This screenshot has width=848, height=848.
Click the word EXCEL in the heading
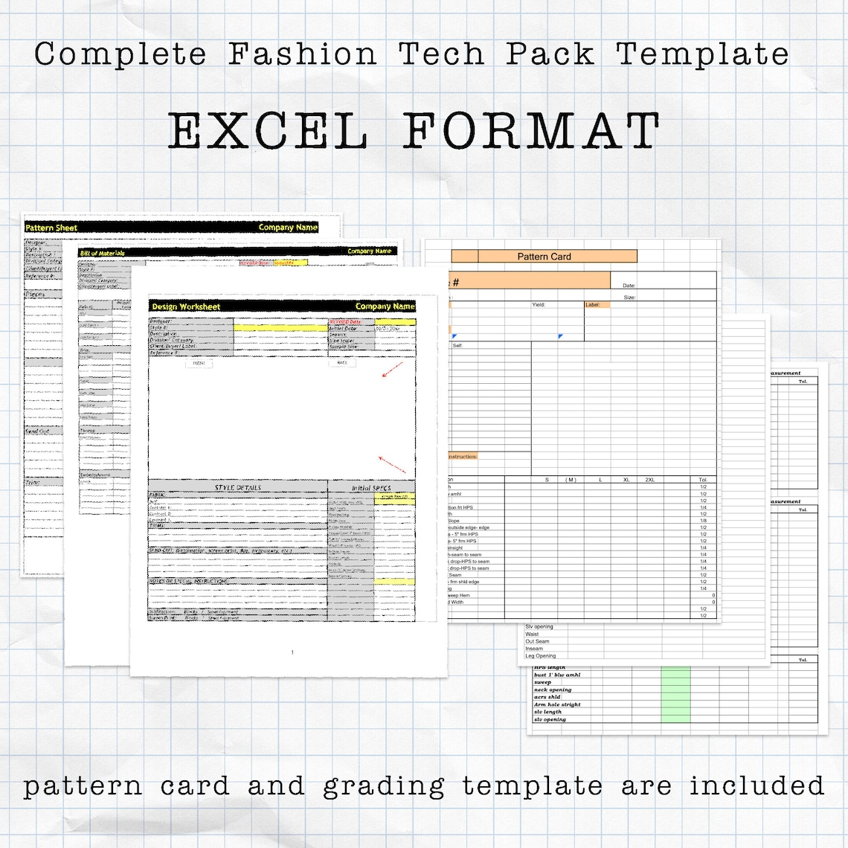(x=268, y=132)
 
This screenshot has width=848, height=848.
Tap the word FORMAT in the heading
(x=531, y=132)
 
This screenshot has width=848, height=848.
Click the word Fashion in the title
(x=303, y=54)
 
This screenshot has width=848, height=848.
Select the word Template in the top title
(x=702, y=54)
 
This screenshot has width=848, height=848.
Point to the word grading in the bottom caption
(x=384, y=787)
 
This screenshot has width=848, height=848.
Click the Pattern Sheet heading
(x=51, y=228)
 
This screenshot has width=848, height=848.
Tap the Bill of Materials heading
(x=103, y=253)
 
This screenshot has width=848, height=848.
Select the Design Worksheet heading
(x=186, y=306)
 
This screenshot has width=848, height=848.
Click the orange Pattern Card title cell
(x=544, y=257)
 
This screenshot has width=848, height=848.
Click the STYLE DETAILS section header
(x=238, y=488)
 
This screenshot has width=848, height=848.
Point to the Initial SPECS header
(x=371, y=488)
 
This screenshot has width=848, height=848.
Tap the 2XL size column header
(x=649, y=480)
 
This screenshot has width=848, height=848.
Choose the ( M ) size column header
(x=571, y=480)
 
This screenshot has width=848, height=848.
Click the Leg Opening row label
(x=540, y=656)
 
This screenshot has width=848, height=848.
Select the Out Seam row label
(x=537, y=641)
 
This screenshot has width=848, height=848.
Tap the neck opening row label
(x=553, y=690)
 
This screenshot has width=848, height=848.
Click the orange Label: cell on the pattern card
(x=597, y=305)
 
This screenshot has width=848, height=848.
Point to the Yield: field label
(x=539, y=305)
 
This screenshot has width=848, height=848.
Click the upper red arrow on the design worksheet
(x=392, y=370)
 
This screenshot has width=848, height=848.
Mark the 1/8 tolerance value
(x=703, y=521)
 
